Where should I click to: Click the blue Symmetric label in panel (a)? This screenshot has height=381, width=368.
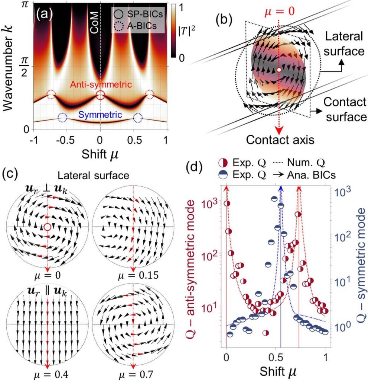pyautogui.click(x=100, y=115)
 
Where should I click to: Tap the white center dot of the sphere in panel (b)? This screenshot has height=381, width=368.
pyautogui.click(x=279, y=70)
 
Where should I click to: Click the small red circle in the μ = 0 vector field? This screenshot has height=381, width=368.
pyautogui.click(x=47, y=227)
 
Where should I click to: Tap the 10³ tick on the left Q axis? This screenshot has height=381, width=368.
pyautogui.click(x=208, y=204)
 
